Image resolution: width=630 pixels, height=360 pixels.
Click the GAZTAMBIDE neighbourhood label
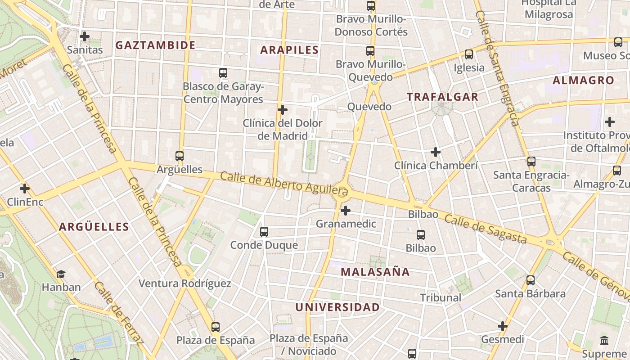(x=155, y=45)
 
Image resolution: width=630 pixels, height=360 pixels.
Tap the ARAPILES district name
(x=289, y=50)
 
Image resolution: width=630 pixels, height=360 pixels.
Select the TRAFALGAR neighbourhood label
(x=442, y=97)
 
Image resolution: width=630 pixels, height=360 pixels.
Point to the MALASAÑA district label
(x=375, y=272)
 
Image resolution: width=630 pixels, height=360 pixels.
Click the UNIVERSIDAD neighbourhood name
(x=337, y=307)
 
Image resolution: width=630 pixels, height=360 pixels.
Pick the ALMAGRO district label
(x=583, y=81)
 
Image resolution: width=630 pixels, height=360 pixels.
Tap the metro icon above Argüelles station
(x=180, y=156)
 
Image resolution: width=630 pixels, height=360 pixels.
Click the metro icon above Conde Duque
(x=264, y=232)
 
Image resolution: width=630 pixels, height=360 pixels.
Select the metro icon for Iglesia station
(x=469, y=54)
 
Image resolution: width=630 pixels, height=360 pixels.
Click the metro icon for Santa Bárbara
(x=531, y=280)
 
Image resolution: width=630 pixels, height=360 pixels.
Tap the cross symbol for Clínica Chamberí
(x=436, y=152)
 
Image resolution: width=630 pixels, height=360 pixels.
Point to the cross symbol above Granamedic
(x=346, y=210)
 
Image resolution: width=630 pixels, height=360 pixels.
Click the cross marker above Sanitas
(x=85, y=36)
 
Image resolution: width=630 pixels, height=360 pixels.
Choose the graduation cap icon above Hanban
(x=61, y=274)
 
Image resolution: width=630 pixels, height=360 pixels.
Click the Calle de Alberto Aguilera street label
(x=284, y=184)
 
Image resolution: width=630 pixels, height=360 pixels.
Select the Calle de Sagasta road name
(x=486, y=228)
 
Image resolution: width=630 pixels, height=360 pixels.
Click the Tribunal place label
(x=441, y=297)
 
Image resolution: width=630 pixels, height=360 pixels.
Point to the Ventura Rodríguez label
(x=184, y=283)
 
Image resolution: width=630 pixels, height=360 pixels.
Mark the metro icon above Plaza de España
(x=216, y=327)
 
